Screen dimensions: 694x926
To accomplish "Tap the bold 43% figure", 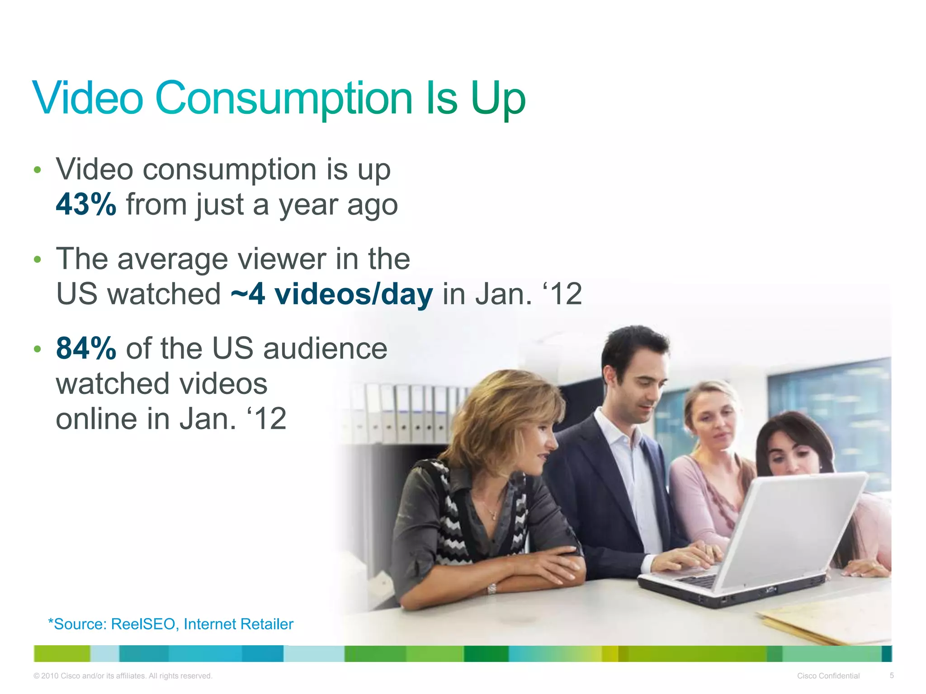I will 86,205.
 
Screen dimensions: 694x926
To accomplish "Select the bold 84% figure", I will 86,349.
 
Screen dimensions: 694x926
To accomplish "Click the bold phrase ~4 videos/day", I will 331,295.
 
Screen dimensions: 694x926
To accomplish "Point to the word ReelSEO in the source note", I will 143,624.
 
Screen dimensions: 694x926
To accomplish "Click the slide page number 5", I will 892,675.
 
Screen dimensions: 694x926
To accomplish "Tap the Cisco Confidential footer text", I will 828,676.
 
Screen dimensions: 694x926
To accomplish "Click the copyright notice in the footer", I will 123,676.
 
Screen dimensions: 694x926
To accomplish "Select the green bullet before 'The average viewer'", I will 38,260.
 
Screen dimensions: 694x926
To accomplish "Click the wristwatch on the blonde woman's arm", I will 491,589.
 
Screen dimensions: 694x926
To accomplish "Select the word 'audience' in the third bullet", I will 325,349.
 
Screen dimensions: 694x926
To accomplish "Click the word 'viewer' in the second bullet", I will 282,259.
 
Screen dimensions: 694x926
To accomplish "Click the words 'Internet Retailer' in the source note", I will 238,624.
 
